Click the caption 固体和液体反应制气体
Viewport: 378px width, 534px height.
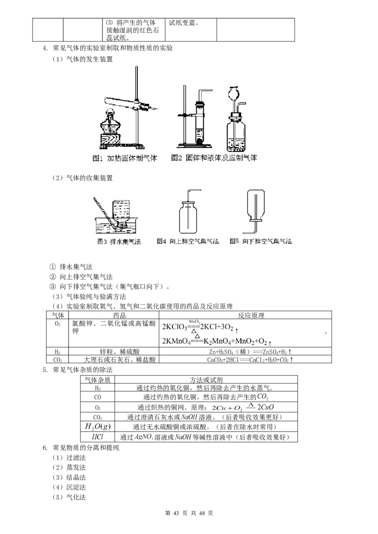coord(222,158)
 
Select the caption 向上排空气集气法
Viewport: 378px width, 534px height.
coord(194,242)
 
